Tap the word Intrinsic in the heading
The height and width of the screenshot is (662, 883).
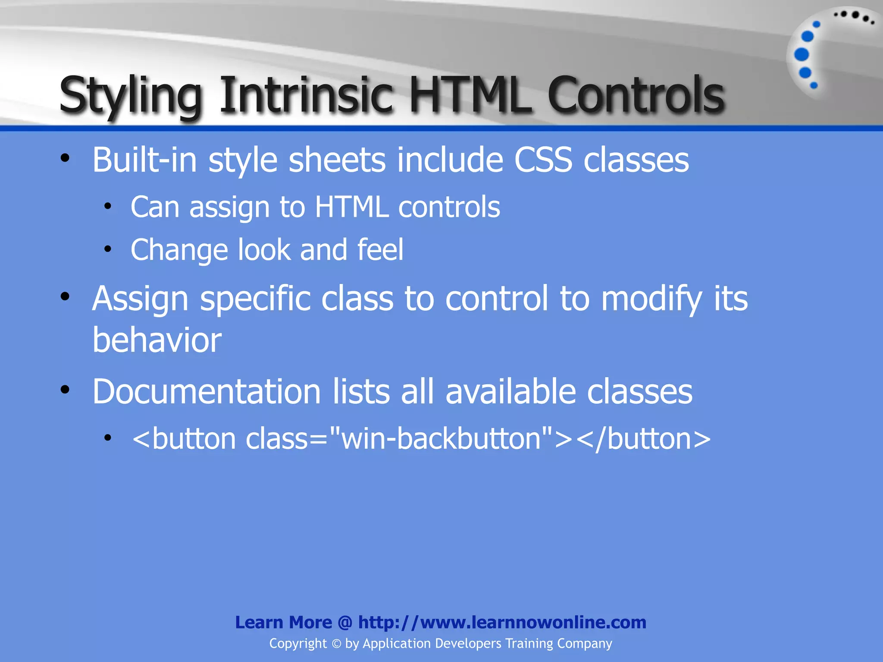pos(307,95)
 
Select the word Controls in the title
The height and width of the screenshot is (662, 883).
pos(636,95)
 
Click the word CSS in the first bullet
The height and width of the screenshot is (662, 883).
pos(543,160)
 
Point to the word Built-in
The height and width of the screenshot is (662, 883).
pos(145,160)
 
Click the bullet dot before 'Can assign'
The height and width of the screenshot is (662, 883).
pos(108,206)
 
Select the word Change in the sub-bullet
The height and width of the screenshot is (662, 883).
pos(179,250)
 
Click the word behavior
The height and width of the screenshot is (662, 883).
pos(157,340)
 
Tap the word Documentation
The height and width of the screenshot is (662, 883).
pos(207,392)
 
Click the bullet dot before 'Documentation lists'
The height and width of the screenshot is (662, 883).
pos(65,390)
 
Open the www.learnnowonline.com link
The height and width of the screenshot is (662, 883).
pos(502,622)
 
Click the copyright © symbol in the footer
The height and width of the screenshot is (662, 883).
pos(336,644)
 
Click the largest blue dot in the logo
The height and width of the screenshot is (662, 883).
pos(802,55)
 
